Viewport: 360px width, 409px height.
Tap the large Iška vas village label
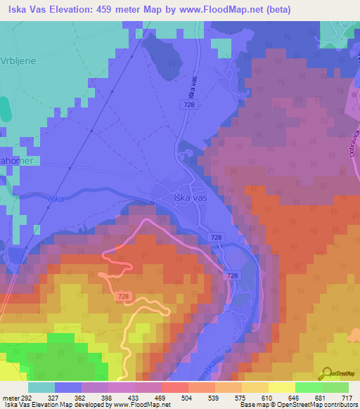tap(190, 199)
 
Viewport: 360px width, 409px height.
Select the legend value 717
tap(348, 397)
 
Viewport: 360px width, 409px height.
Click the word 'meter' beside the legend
tap(11, 397)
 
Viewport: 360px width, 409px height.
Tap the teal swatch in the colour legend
tap(41, 387)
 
